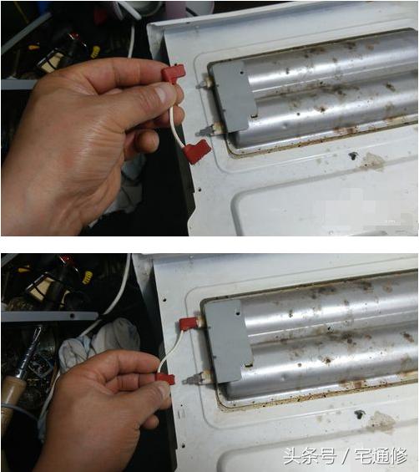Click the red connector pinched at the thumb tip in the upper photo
point(172,75)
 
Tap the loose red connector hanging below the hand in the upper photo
point(197,152)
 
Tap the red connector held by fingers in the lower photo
point(164,379)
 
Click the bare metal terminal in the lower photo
point(193,377)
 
